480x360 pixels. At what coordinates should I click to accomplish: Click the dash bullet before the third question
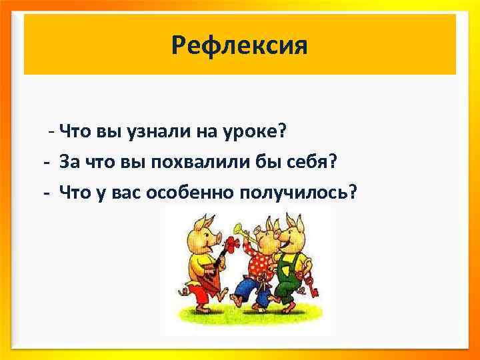pos(46,193)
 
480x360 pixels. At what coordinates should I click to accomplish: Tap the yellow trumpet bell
pos(237,230)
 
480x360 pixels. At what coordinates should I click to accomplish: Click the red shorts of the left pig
pos(197,290)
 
